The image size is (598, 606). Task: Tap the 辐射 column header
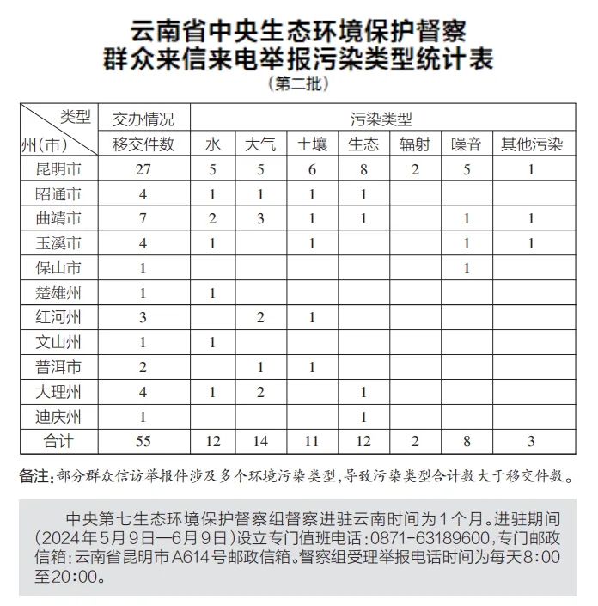pos(415,144)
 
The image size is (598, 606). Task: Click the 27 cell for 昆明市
pos(143,169)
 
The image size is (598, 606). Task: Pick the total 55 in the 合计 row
pos(143,442)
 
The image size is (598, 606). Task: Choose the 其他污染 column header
pos(532,144)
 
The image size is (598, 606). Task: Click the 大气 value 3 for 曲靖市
pos(260,219)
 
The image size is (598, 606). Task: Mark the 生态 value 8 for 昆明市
pos(364,169)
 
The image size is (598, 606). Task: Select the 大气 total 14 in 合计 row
pos(260,442)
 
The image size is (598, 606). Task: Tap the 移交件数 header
pos(143,144)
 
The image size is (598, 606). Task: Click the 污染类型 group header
pos(381,119)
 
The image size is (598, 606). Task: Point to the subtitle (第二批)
pos(298,84)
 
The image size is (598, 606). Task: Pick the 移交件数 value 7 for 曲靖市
pos(143,219)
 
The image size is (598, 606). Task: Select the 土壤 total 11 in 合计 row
pos(312,442)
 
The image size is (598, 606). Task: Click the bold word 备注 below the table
pos(36,476)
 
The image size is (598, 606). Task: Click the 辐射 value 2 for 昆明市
pos(415,169)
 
